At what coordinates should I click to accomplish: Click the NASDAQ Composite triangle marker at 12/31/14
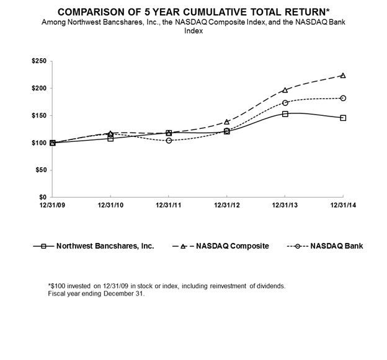pyautogui.click(x=343, y=76)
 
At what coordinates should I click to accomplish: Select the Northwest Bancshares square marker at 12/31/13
pyautogui.click(x=285, y=114)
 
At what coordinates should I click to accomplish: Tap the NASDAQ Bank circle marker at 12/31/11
pyautogui.click(x=169, y=141)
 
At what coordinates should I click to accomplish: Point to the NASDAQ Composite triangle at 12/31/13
pyautogui.click(x=285, y=90)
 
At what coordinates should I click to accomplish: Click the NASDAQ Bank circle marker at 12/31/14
pyautogui.click(x=343, y=98)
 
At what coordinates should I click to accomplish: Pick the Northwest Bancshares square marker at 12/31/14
pyautogui.click(x=343, y=118)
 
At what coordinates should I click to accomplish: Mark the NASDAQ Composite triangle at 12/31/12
pyautogui.click(x=227, y=121)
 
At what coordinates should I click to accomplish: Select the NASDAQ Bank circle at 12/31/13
pyautogui.click(x=285, y=103)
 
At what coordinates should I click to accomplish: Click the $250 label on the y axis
pyautogui.click(x=39, y=61)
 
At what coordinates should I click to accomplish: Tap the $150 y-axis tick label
pyautogui.click(x=39, y=115)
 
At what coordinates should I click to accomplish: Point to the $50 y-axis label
pyautogui.click(x=41, y=170)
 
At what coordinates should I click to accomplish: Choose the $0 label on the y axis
pyautogui.click(x=43, y=197)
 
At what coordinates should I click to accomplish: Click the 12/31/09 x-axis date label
pyautogui.click(x=52, y=204)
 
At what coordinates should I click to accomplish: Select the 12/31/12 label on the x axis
pyautogui.click(x=227, y=204)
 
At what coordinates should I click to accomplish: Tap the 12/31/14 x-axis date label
pyautogui.click(x=343, y=204)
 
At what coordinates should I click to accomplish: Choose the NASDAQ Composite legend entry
pyautogui.click(x=233, y=246)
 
